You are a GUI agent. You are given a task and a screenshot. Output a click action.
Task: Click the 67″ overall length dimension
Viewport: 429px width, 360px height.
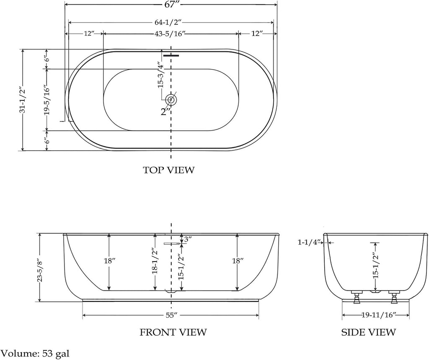171,4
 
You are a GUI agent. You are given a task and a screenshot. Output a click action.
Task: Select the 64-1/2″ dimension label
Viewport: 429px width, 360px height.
171,22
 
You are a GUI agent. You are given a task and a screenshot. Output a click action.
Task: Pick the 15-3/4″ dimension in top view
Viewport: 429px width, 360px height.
160,76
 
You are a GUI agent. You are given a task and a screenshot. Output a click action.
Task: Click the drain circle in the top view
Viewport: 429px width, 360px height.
171,100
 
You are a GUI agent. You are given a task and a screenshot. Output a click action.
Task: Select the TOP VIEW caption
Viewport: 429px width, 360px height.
169,170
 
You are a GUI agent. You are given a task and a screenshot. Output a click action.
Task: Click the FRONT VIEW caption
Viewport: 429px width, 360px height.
173,332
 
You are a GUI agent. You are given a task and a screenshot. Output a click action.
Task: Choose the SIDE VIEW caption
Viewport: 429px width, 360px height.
368,332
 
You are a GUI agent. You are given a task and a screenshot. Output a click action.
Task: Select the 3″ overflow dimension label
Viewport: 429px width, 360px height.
188,239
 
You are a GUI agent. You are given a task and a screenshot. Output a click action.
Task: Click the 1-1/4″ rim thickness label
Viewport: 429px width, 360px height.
309,242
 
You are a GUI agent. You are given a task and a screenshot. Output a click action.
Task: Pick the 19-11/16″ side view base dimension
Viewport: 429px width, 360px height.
379,315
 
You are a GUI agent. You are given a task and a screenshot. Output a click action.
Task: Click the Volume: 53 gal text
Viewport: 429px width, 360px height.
35,353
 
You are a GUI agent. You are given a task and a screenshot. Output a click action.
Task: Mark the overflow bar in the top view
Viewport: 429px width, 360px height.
171,56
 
